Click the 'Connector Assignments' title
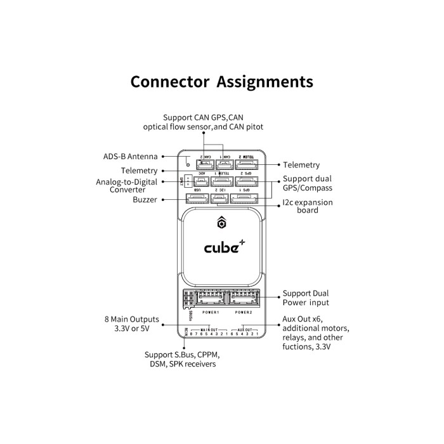point(221,82)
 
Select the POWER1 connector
point(210,299)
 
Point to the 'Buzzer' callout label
point(145,200)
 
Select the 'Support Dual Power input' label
point(306,298)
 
